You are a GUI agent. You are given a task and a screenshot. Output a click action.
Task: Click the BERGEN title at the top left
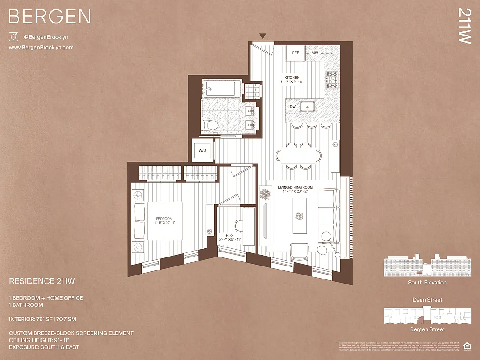click(50, 17)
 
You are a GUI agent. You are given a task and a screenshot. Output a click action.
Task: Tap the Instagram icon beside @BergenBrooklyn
click(14, 37)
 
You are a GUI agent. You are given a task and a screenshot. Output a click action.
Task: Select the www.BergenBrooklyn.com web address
click(41, 48)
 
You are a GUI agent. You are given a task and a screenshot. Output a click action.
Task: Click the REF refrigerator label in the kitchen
click(295, 53)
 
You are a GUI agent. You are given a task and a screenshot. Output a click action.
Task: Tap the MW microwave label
click(315, 53)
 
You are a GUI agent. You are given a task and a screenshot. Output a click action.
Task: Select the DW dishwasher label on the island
click(293, 107)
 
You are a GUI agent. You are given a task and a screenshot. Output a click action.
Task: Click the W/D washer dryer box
click(202, 150)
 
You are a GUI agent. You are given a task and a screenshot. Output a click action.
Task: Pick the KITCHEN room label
click(292, 77)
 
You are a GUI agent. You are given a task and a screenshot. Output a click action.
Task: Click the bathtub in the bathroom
click(222, 88)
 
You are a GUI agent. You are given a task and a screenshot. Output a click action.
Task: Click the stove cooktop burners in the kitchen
click(332, 80)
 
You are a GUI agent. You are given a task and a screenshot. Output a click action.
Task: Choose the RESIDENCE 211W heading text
click(42, 281)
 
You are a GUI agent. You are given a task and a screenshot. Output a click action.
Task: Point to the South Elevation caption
click(427, 283)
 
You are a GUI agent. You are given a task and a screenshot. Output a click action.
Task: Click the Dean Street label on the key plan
click(427, 300)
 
